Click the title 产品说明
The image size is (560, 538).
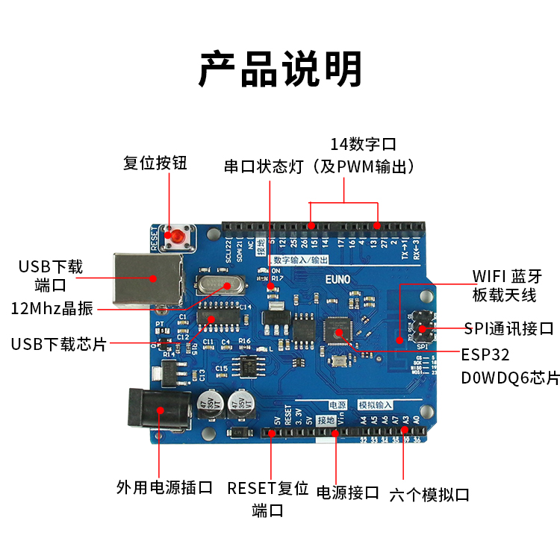280,69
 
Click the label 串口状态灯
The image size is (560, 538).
264,166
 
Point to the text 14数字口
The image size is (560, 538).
363,143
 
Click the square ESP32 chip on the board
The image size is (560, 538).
337,331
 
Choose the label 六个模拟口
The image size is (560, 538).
429,494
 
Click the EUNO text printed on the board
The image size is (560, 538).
337,279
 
